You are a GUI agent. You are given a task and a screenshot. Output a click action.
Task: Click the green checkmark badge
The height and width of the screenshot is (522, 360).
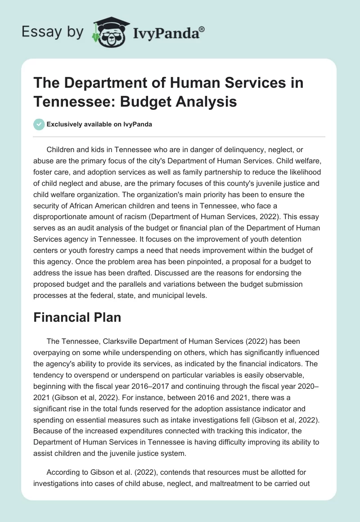pyautogui.click(x=39, y=124)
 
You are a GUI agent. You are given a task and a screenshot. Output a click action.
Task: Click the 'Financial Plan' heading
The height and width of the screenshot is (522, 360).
pyautogui.click(x=77, y=317)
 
